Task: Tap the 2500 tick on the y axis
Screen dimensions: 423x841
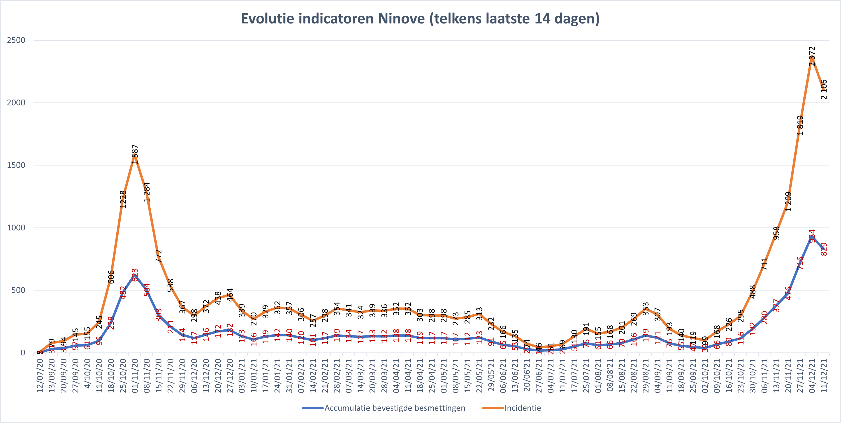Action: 16,40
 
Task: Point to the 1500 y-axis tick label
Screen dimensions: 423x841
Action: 16,165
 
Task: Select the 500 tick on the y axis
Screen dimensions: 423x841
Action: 18,290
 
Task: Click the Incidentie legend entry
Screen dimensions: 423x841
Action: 522,408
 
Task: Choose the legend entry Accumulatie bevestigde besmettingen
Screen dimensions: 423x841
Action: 394,408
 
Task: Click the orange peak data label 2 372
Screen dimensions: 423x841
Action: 812,56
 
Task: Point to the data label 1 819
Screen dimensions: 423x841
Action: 800,125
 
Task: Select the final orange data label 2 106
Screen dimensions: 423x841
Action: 824,89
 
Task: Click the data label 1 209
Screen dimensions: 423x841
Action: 788,202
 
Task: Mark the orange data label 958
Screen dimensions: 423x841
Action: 776,233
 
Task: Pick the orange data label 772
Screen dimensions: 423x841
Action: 159,256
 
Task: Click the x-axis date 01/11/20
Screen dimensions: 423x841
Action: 135,376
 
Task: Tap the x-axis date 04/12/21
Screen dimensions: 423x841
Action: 812,376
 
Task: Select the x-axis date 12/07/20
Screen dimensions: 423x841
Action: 40,376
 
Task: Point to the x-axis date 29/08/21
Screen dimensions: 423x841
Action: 646,376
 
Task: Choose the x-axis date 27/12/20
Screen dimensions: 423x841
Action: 230,376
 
